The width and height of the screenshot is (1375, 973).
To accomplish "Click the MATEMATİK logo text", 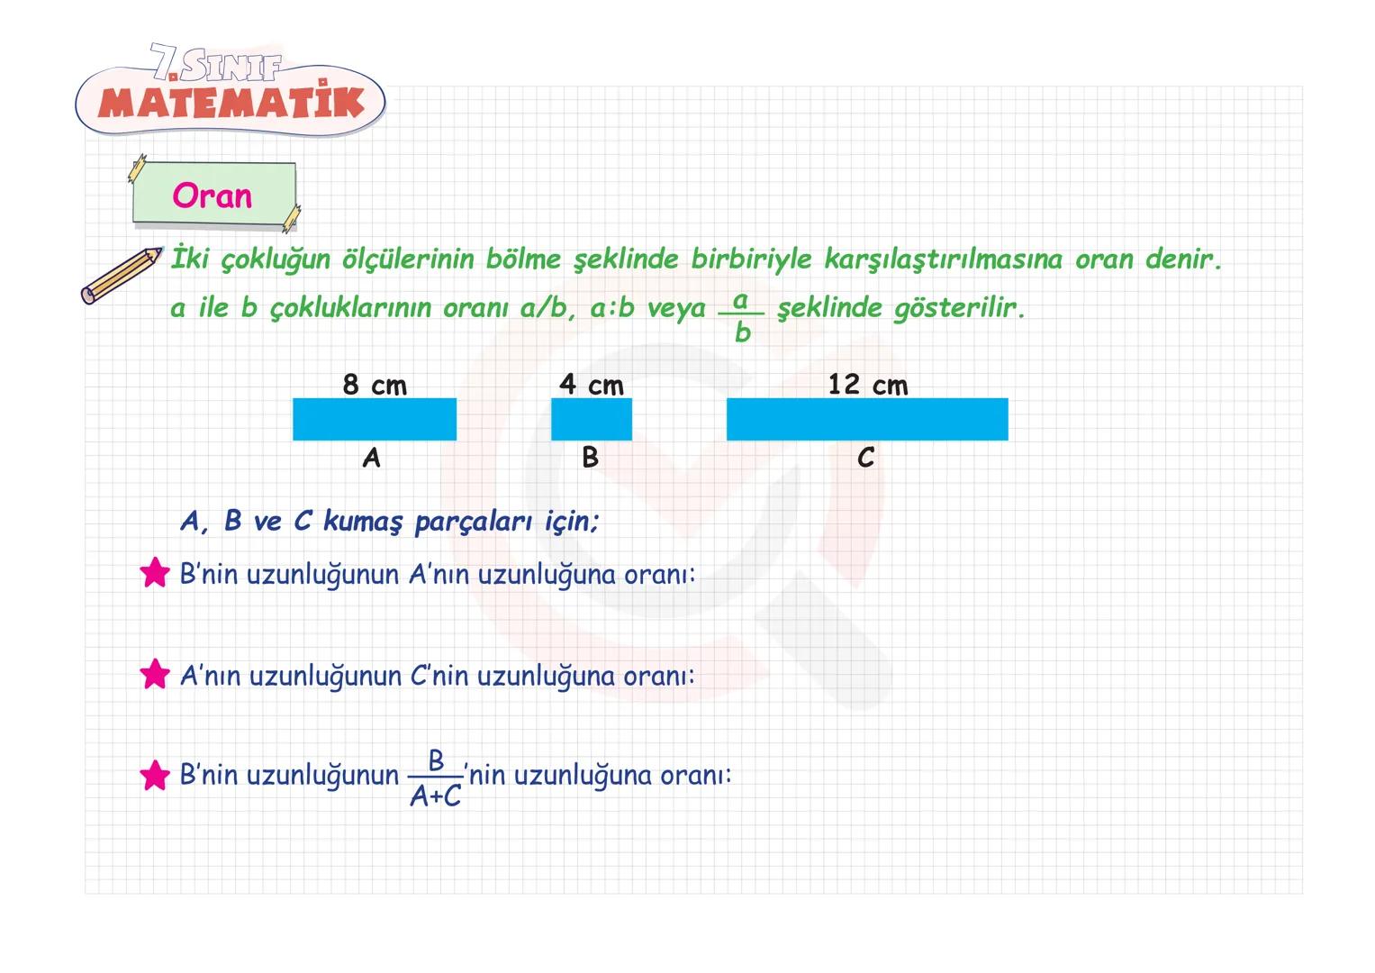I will (x=231, y=103).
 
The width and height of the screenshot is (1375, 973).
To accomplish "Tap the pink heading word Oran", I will (x=213, y=196).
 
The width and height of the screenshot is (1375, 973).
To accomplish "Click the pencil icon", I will (x=121, y=274).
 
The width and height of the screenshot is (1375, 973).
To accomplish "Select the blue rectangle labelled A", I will (x=375, y=419).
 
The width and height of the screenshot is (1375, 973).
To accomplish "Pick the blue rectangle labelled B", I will (x=592, y=419).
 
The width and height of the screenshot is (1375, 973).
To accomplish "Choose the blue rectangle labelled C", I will (x=867, y=419).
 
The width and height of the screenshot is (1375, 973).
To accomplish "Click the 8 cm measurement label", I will (x=375, y=386).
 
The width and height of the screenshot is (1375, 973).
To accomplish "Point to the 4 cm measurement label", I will (x=592, y=386).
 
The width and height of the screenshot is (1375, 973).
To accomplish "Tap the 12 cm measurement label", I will (x=868, y=386).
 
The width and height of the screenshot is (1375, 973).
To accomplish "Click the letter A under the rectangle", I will (x=372, y=459).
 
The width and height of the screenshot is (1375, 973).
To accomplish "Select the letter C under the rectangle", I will (x=865, y=459).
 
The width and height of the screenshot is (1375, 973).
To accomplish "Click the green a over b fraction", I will (x=741, y=315).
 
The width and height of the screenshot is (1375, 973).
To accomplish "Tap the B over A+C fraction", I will (x=436, y=778).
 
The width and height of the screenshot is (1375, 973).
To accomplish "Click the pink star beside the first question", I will (x=155, y=573).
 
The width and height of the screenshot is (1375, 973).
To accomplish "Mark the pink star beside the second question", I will (x=155, y=674).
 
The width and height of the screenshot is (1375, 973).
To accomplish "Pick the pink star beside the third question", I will (x=155, y=775).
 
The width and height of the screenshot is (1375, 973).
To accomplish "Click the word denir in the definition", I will (x=1183, y=259).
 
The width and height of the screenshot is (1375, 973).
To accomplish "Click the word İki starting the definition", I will (x=189, y=259).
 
